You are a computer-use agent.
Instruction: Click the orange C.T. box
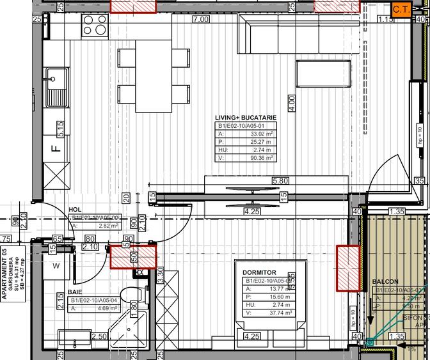click(401, 10)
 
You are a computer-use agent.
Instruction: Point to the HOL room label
click(76, 210)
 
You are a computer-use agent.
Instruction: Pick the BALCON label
click(385, 281)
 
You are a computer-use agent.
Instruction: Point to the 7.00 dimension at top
click(201, 19)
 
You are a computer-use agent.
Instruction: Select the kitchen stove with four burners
click(95, 25)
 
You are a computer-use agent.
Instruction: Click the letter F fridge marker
click(56, 150)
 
